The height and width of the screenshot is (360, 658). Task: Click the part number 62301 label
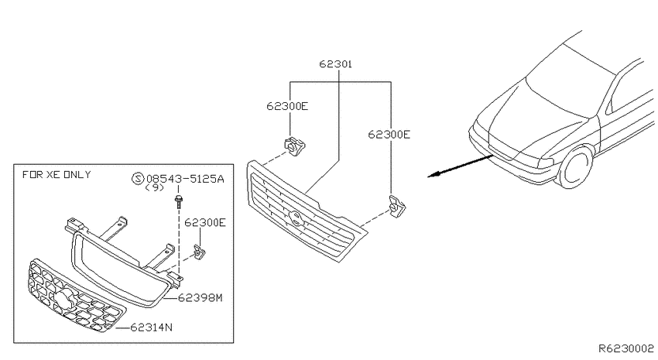pyautogui.click(x=335, y=64)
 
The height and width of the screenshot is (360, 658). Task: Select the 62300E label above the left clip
pyautogui.click(x=287, y=106)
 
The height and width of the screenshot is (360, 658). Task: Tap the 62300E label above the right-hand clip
pyautogui.click(x=389, y=134)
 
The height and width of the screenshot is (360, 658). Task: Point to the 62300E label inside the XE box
pyautogui.click(x=205, y=222)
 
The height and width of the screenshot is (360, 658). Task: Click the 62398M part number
pyautogui.click(x=200, y=298)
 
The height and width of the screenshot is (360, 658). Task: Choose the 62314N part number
pyautogui.click(x=151, y=327)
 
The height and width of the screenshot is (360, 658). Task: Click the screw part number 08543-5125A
pyautogui.click(x=185, y=179)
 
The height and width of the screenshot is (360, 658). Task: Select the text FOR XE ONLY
pyautogui.click(x=57, y=174)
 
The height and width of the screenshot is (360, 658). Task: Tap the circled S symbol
pyautogui.click(x=138, y=179)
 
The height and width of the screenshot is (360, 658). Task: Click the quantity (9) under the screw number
pyautogui.click(x=154, y=188)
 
